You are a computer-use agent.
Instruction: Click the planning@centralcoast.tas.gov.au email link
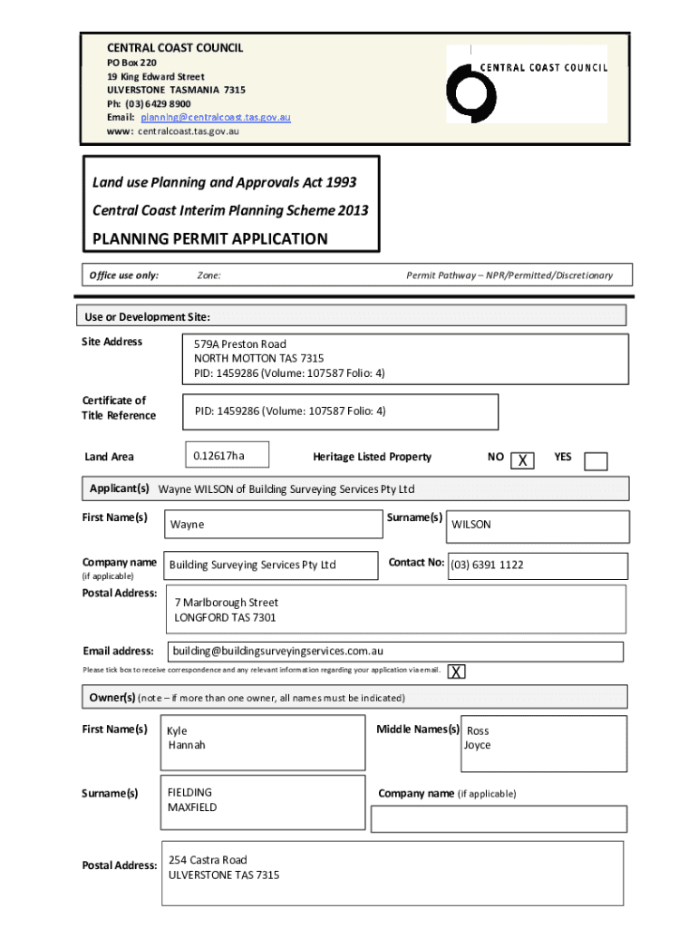click(x=215, y=118)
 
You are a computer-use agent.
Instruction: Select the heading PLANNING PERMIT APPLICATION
click(x=209, y=239)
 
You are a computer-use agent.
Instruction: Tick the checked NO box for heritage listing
click(x=522, y=461)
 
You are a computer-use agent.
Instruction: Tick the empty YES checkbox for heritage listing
click(x=596, y=461)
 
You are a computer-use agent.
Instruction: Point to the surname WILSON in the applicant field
click(x=471, y=525)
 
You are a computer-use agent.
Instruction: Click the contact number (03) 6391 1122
click(x=487, y=565)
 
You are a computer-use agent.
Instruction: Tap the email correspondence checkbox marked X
click(x=457, y=672)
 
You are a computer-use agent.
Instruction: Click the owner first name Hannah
click(x=187, y=745)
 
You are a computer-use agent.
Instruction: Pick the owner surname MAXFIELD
click(x=192, y=807)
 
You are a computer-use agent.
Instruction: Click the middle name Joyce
click(x=477, y=745)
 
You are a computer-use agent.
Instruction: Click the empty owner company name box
click(x=499, y=818)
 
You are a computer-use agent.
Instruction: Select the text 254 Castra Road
click(x=208, y=860)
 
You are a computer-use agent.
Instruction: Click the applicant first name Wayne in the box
click(x=187, y=525)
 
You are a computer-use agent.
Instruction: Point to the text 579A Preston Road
click(x=239, y=344)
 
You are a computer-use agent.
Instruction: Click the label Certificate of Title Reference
click(x=119, y=408)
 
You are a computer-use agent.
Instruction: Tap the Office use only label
click(x=122, y=275)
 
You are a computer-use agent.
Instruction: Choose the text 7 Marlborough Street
click(x=226, y=603)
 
